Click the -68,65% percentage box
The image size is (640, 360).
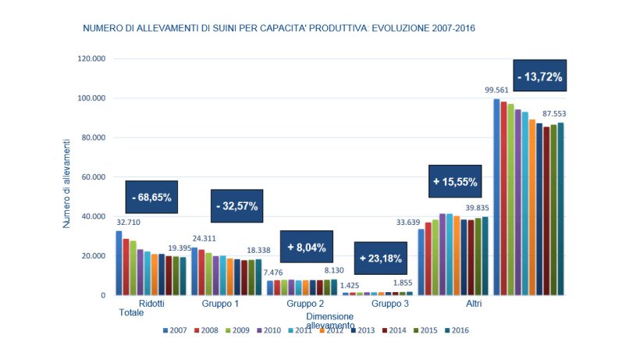(151, 198)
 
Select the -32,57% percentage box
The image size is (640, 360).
(236, 206)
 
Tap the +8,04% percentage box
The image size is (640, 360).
(306, 247)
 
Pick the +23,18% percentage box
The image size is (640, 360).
(382, 257)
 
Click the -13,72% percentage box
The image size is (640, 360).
(539, 77)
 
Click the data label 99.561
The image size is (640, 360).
(495, 90)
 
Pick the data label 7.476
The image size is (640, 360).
(273, 272)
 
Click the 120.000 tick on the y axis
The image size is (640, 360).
(91, 59)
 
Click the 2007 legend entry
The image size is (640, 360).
(176, 330)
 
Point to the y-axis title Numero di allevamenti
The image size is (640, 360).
(67, 180)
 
